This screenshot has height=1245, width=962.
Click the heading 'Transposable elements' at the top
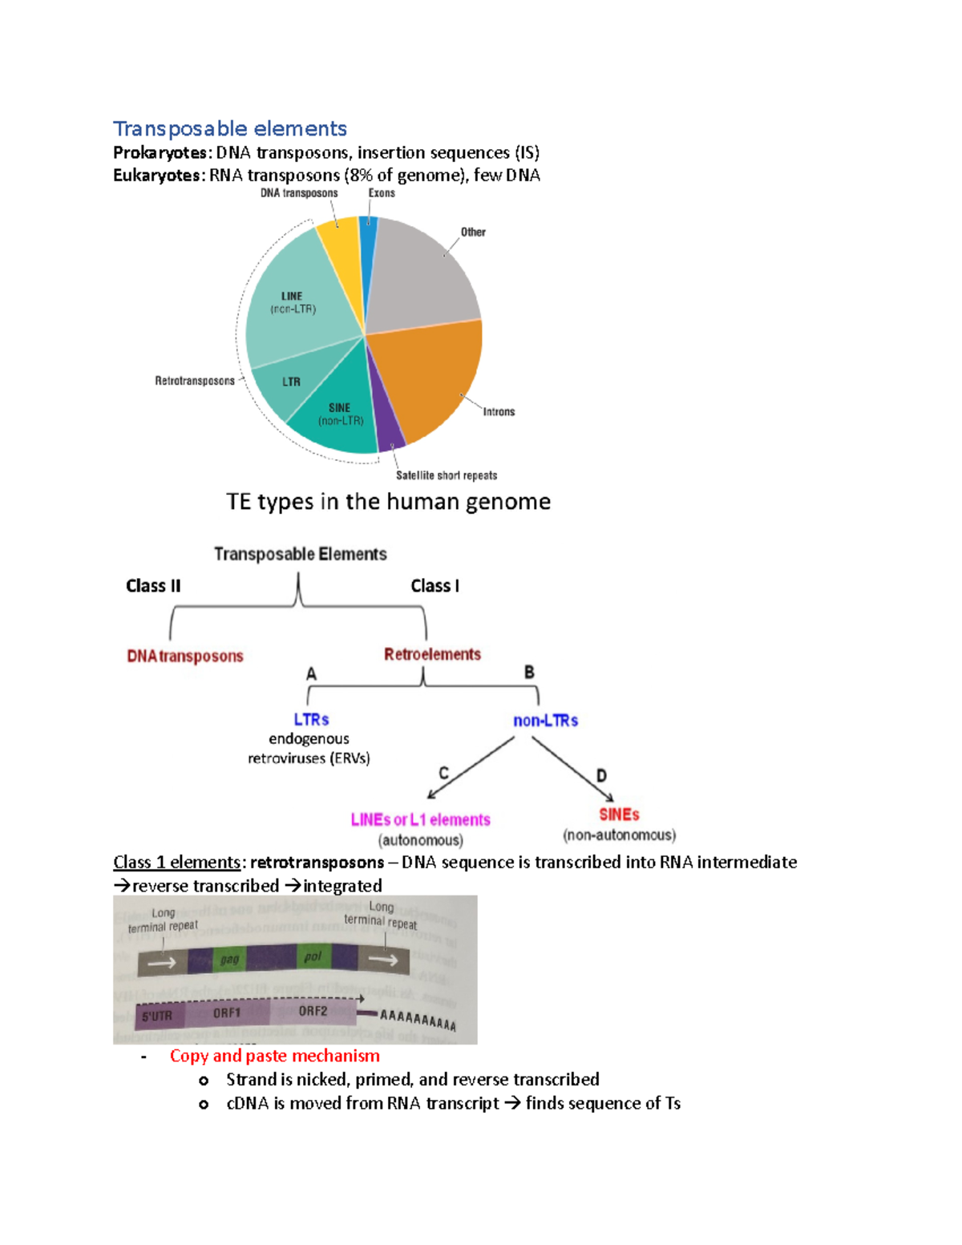pyautogui.click(x=229, y=129)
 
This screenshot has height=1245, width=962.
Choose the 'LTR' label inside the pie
pyautogui.click(x=291, y=382)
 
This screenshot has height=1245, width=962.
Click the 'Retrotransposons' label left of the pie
pyautogui.click(x=195, y=381)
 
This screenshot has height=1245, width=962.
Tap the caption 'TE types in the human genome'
pyautogui.click(x=388, y=502)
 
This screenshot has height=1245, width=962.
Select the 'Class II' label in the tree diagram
pyautogui.click(x=153, y=586)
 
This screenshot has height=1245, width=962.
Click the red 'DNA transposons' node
pyautogui.click(x=185, y=656)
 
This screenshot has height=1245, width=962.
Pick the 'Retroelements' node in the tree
pyautogui.click(x=432, y=654)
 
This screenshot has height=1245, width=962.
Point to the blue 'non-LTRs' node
pyautogui.click(x=545, y=721)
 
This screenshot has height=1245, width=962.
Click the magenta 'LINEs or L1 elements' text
pyautogui.click(x=420, y=819)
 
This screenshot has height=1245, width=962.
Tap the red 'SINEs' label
pyautogui.click(x=619, y=815)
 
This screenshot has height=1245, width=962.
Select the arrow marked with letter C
pyautogui.click(x=471, y=769)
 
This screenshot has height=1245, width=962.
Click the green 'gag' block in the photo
pyautogui.click(x=229, y=960)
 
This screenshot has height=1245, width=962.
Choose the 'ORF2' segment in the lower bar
pyautogui.click(x=313, y=1012)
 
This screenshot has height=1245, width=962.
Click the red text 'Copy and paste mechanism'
pyautogui.click(x=274, y=1056)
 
